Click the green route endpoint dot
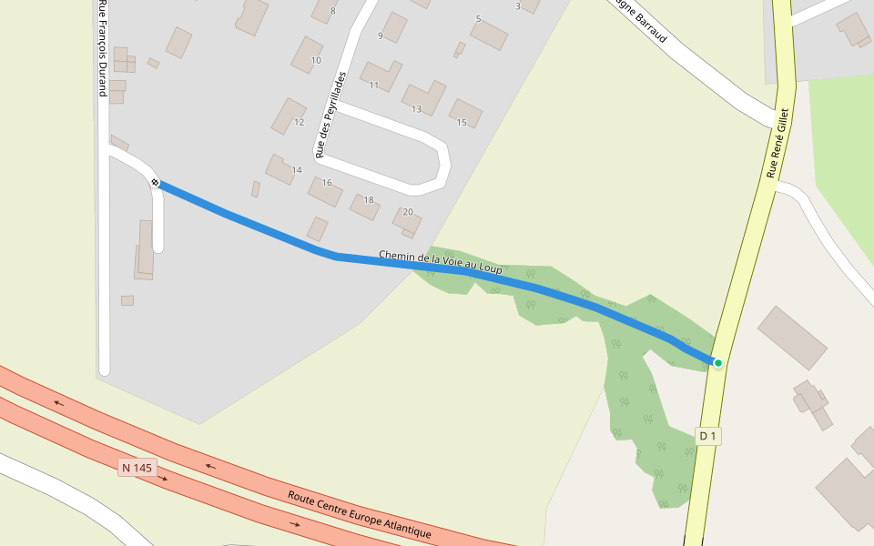coord(717,363)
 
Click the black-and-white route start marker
coord(156,183)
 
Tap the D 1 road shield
coord(708,437)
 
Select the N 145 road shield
coord(137,468)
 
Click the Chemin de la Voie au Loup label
coord(441,263)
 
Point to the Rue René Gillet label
coord(777,143)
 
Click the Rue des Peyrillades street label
coord(330,116)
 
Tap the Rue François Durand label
coord(102,47)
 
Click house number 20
coord(408,212)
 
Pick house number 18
coord(369,200)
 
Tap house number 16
coord(327,183)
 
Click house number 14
coord(297,170)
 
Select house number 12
coord(299,122)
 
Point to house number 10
coord(316,61)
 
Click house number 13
coord(416,109)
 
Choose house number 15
coord(462,123)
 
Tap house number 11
coord(374,86)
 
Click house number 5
coord(478,19)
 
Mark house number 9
coord(381,36)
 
